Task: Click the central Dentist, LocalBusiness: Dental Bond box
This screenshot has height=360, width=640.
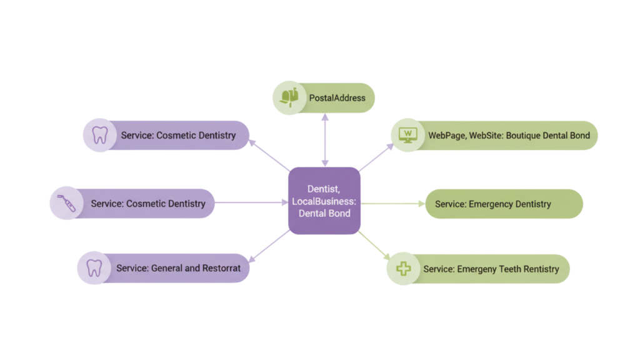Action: (x=324, y=201)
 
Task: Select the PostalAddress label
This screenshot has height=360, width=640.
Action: (x=337, y=98)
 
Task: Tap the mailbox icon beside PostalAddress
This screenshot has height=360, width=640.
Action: (x=288, y=97)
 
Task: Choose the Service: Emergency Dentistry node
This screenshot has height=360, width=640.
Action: (x=493, y=204)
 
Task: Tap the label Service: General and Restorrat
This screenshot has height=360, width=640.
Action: (x=178, y=268)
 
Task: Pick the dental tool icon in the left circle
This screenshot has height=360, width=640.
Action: (x=67, y=203)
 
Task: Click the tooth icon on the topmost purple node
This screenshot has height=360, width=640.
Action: (x=100, y=135)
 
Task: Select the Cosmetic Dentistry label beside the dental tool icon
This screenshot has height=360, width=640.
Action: (x=148, y=204)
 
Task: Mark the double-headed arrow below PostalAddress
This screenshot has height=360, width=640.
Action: (x=324, y=141)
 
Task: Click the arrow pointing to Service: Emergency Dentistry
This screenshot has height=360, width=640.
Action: (x=392, y=203)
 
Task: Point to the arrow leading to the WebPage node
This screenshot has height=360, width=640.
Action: (x=376, y=156)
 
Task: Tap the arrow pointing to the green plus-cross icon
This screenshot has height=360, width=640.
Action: (x=375, y=244)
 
